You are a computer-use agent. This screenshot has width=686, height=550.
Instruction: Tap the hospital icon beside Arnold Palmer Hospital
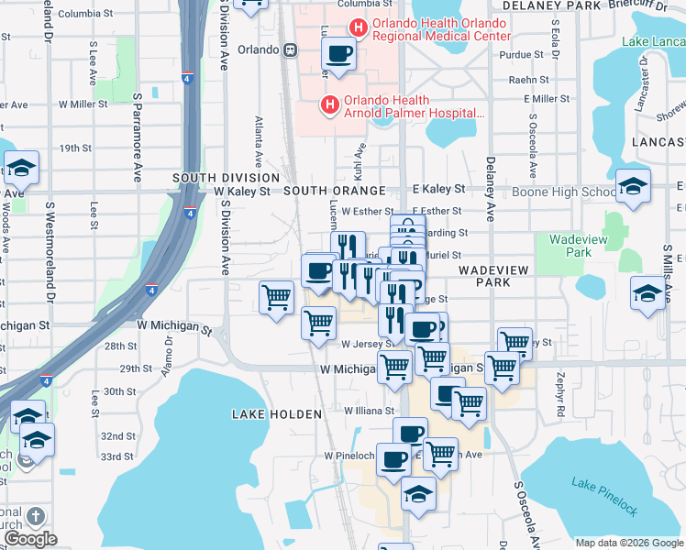(x=329, y=105)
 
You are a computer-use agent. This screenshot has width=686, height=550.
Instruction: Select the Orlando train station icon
(x=291, y=49)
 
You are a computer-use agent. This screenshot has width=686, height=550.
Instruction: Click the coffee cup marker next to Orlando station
(x=339, y=55)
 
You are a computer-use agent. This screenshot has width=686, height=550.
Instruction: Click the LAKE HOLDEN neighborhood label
(x=278, y=414)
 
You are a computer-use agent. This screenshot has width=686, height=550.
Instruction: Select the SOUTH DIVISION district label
(x=226, y=177)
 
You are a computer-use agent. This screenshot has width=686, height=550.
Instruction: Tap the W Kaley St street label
(x=242, y=192)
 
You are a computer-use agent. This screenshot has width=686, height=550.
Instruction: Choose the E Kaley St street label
(x=439, y=188)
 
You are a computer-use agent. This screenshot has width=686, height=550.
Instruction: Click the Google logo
(x=30, y=538)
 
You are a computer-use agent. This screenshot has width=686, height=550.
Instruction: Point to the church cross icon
(x=36, y=516)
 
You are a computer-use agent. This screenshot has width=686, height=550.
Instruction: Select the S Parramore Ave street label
(x=138, y=123)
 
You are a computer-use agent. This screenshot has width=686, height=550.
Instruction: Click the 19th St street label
(x=75, y=148)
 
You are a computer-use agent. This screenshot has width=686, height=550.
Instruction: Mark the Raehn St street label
(x=528, y=80)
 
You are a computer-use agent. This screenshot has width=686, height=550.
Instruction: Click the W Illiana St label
(x=368, y=411)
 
